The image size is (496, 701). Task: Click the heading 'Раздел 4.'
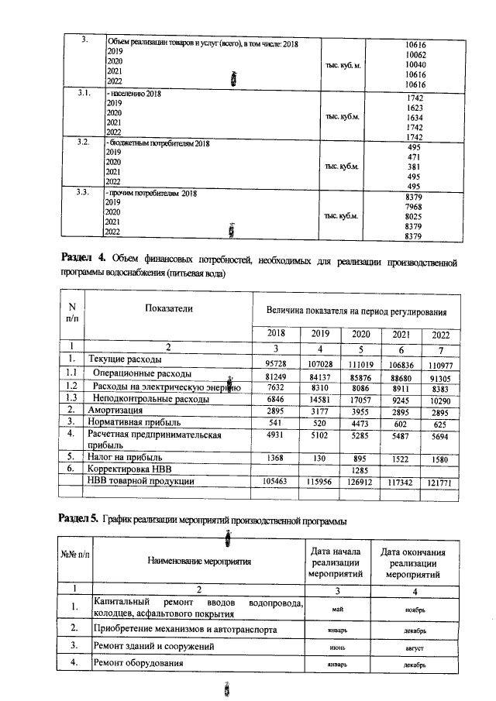pyautogui.click(x=84, y=257)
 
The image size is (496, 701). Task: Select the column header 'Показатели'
pyautogui.click(x=168, y=308)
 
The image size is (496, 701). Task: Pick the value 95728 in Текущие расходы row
pyautogui.click(x=276, y=363)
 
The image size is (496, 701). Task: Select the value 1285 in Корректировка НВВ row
pyautogui.click(x=357, y=469)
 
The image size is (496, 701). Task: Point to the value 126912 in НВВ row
pyautogui.click(x=357, y=482)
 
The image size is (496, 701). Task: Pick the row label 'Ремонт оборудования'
pyautogui.click(x=138, y=664)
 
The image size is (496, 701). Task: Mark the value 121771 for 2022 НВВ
pyautogui.click(x=439, y=482)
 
